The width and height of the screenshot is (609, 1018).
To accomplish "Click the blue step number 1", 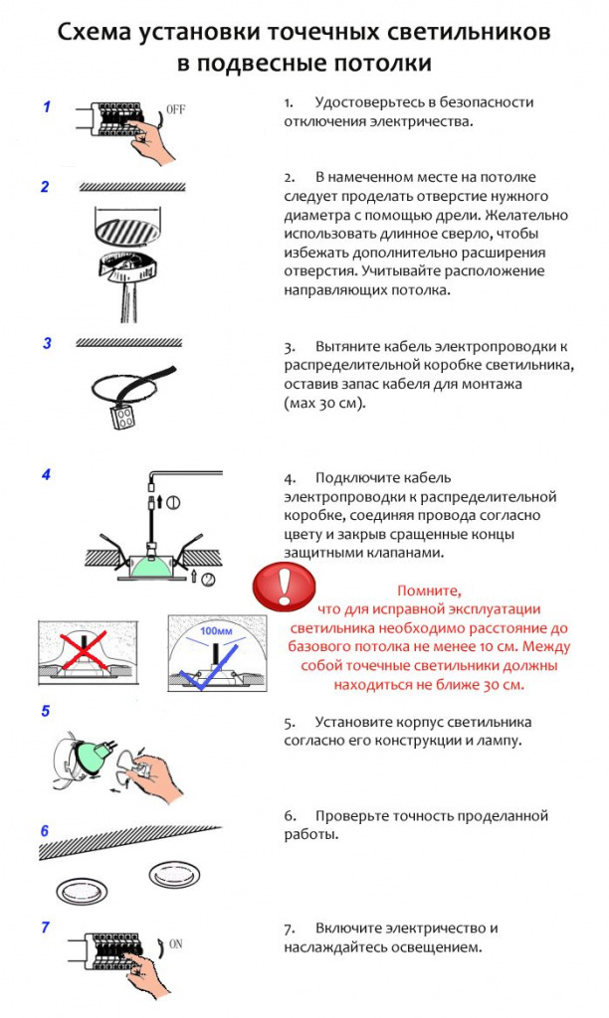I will (x=47, y=106).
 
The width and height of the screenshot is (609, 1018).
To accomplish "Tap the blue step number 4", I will (x=47, y=474).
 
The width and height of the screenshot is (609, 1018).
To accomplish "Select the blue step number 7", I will (x=46, y=927).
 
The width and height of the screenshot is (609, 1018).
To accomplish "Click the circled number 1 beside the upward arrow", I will (x=174, y=502).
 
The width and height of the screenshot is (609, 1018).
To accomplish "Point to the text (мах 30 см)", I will (x=323, y=405).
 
